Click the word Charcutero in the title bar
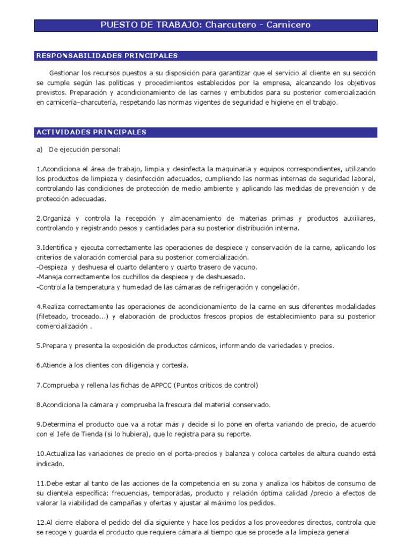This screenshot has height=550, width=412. pos(227,25)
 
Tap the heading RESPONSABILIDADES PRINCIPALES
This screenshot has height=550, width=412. pos(106,56)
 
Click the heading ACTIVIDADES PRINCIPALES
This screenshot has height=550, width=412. pos(90,132)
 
